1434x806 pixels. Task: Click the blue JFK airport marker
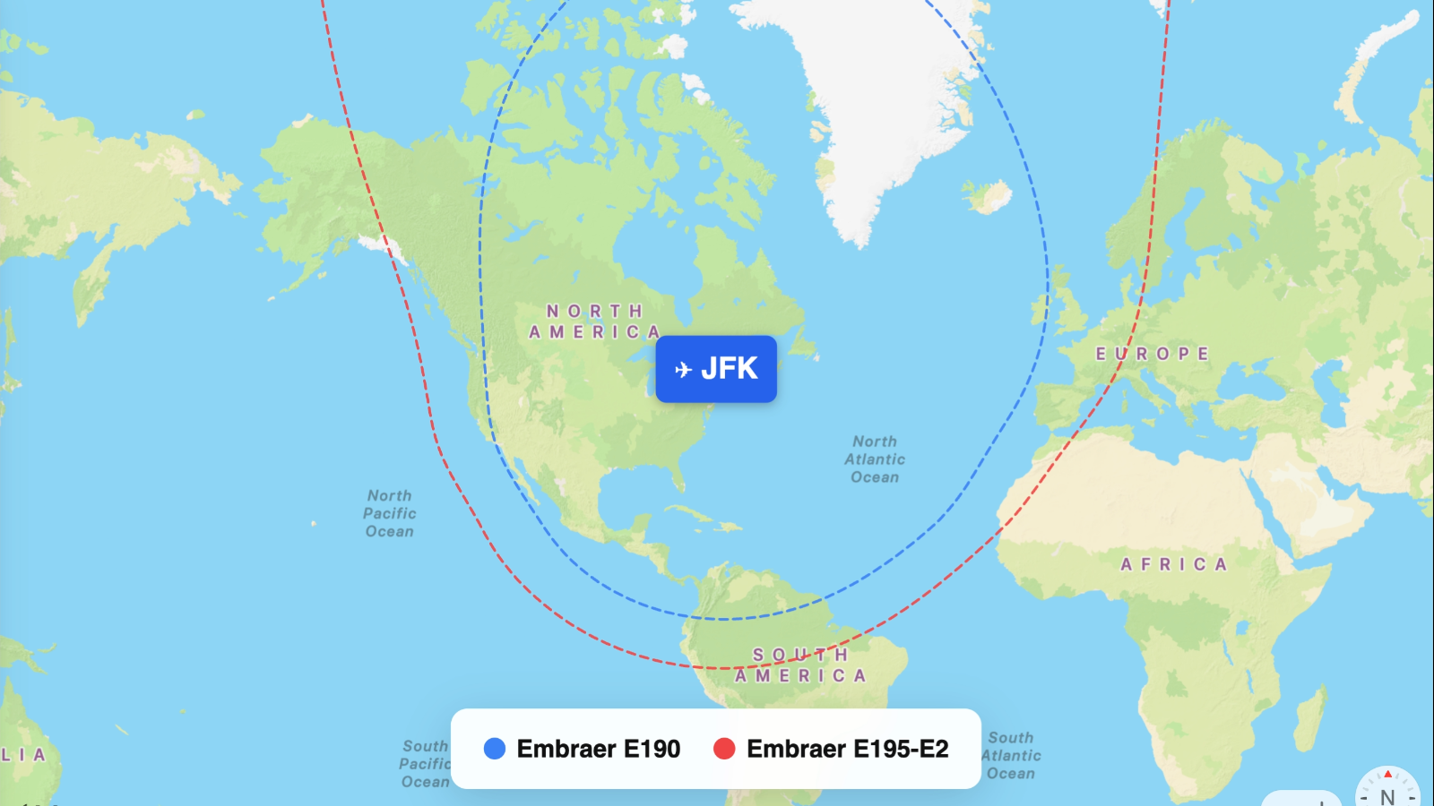(716, 369)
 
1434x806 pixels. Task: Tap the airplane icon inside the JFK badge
(683, 369)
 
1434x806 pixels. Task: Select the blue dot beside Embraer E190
(495, 749)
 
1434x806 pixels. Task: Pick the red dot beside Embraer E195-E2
(724, 749)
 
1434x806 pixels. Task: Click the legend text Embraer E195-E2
(847, 749)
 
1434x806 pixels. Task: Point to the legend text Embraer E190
(599, 749)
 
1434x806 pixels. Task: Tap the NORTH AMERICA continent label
(595, 322)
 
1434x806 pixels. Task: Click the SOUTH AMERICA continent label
(800, 665)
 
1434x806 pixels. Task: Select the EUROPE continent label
(1153, 354)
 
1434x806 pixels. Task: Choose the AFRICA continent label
(1173, 564)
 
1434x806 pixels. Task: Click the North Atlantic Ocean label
(875, 459)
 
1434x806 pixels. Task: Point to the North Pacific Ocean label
(390, 513)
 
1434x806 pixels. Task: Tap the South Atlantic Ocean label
(1011, 756)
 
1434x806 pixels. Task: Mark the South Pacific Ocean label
(426, 764)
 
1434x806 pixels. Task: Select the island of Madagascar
(1310, 707)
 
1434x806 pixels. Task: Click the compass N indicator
(1387, 793)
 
